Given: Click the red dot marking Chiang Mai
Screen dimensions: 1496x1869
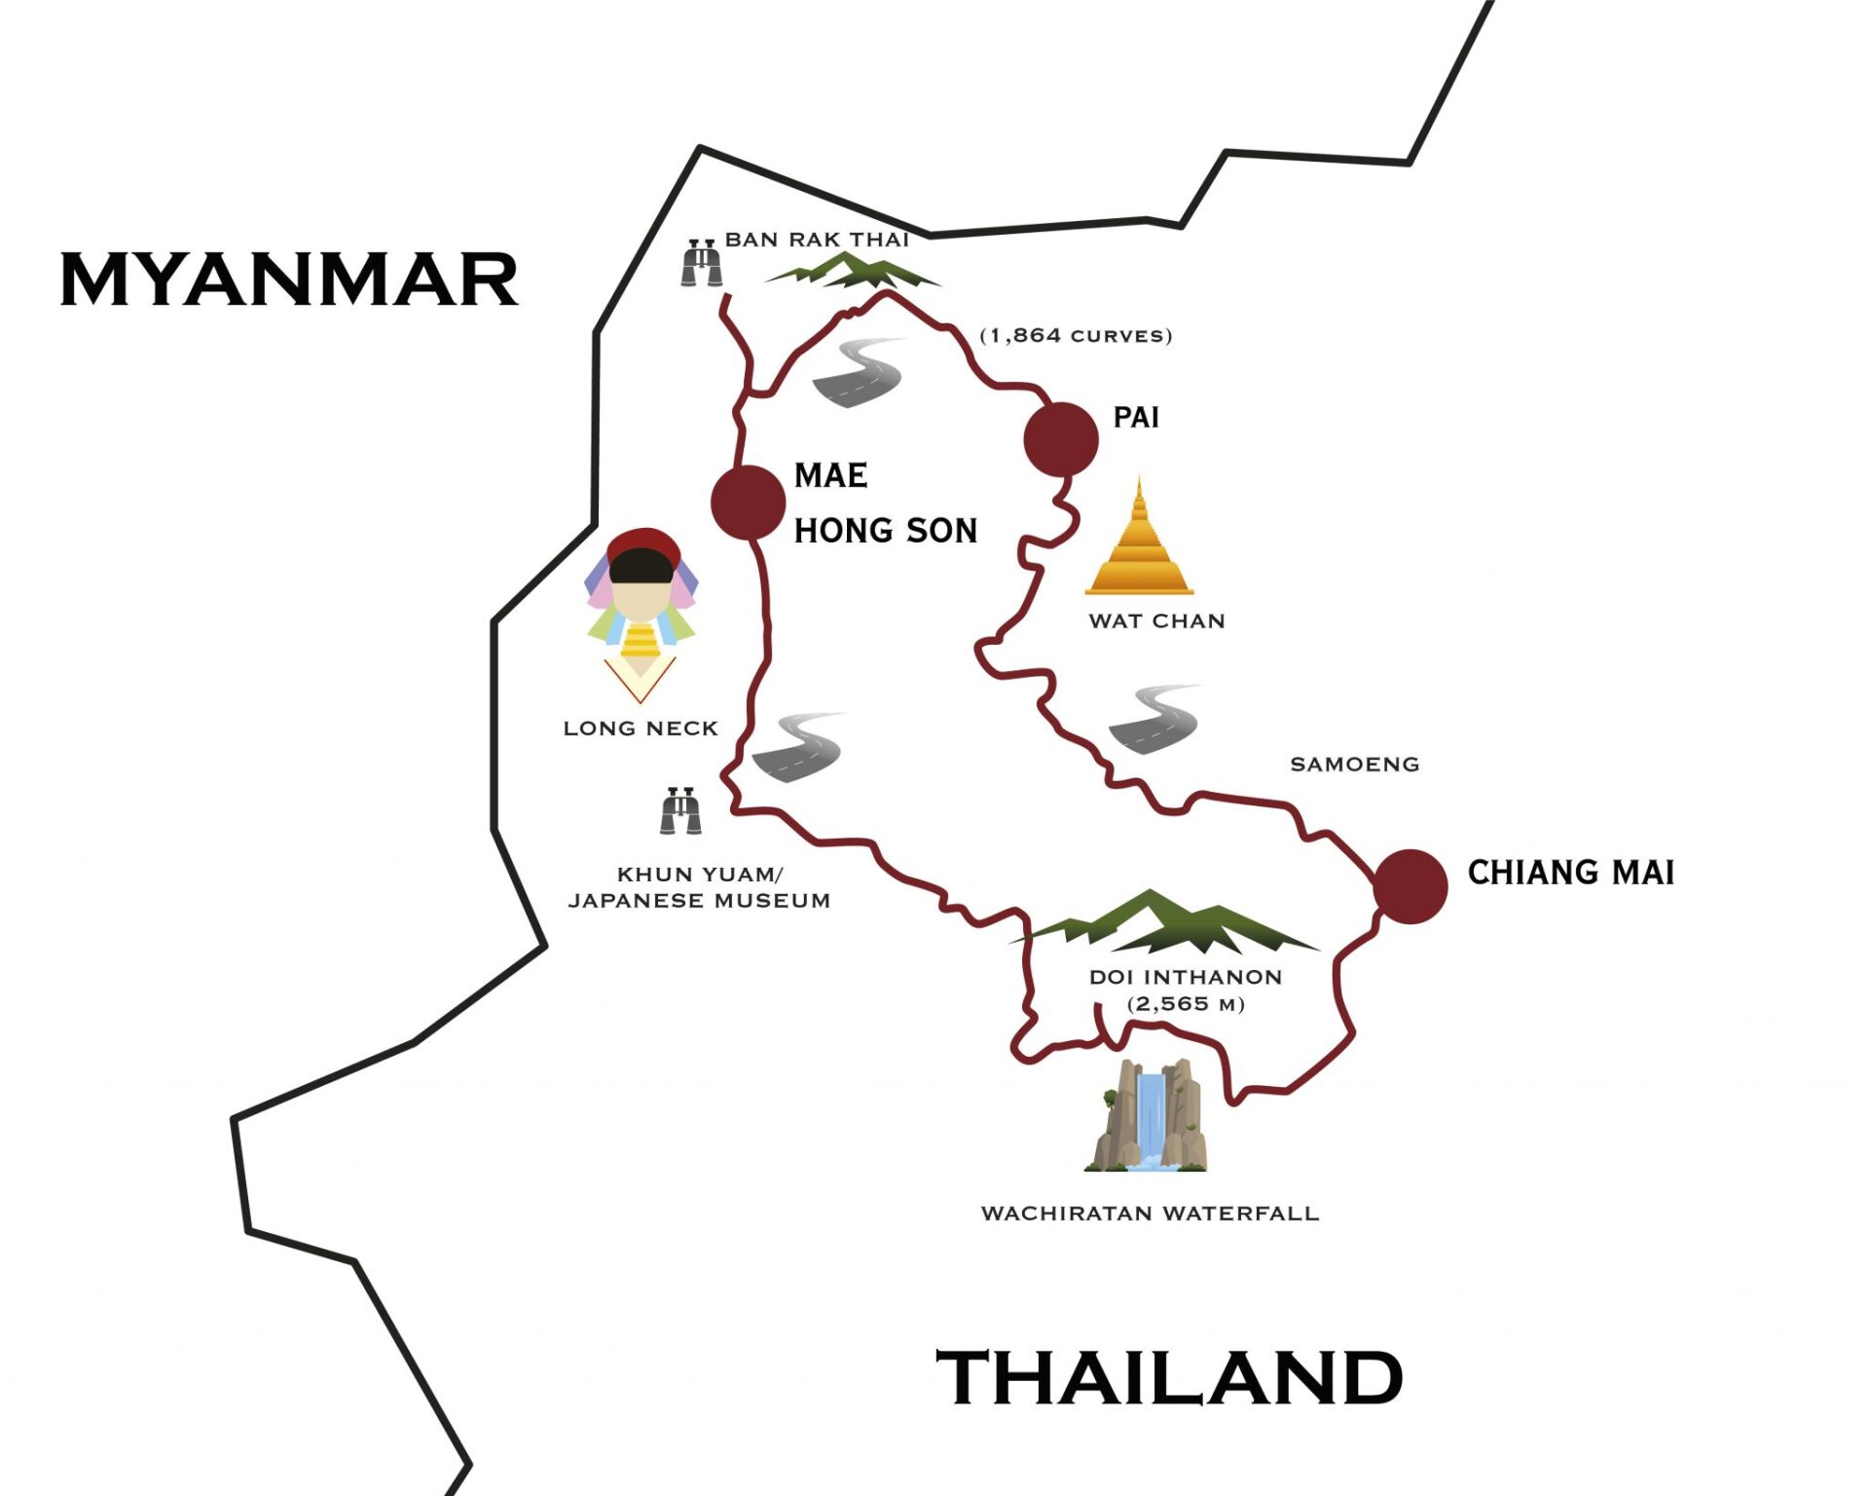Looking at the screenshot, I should [1411, 886].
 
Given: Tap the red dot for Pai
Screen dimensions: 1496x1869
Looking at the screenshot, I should [1061, 439].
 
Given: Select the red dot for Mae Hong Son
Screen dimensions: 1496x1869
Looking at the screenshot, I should [748, 502].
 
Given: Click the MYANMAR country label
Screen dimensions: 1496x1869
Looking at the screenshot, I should [289, 280].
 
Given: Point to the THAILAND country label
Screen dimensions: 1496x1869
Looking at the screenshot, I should [1168, 1377].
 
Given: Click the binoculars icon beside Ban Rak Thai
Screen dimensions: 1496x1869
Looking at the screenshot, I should [701, 262].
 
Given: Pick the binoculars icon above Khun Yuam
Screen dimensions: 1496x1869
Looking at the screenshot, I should [680, 810].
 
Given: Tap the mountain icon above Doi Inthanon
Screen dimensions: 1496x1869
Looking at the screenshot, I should [1163, 922].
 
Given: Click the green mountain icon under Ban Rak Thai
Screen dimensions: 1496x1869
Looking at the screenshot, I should [853, 270].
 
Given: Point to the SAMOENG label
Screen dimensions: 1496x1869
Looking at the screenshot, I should [1354, 765].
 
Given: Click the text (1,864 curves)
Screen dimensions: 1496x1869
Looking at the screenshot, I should [1076, 336].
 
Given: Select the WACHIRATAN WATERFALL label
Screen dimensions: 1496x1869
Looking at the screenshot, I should [1150, 1214].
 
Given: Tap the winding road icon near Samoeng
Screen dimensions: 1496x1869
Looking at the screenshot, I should [1154, 720].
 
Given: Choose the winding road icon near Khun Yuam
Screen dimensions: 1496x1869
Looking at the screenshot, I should [797, 747].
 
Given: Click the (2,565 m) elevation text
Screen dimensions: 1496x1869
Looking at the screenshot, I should [1185, 1004].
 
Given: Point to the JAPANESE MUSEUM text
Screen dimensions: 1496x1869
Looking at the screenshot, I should [699, 901].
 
